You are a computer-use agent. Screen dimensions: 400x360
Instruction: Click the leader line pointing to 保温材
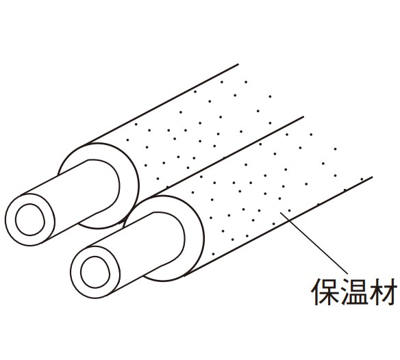click(314, 243)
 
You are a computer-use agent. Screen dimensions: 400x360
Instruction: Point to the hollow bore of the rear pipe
click(30, 220)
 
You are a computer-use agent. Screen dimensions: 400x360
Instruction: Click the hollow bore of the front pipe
click(95, 272)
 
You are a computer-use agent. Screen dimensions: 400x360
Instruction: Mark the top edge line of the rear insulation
click(163, 104)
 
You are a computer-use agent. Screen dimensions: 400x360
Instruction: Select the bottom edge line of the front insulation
click(278, 227)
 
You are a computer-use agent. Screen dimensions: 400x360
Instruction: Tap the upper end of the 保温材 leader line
click(280, 212)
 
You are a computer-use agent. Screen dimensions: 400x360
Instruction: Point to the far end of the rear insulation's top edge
click(238, 64)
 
